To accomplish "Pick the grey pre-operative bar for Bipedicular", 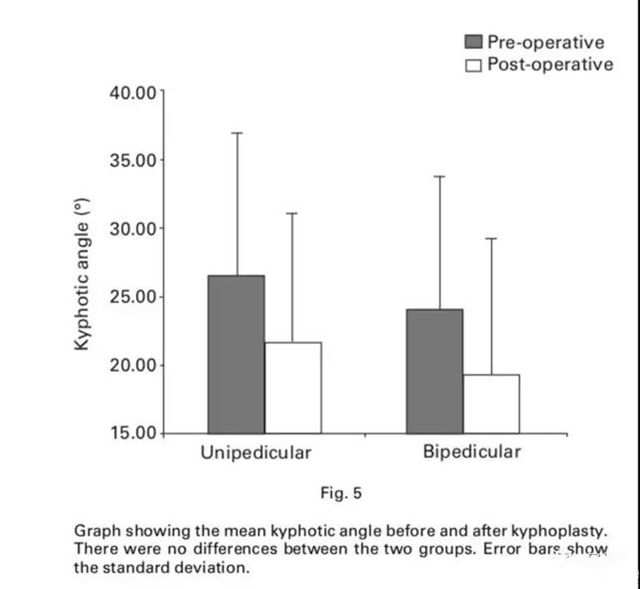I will coord(434,371).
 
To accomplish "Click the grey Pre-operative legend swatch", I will coord(473,42).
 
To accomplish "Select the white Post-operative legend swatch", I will coord(473,65).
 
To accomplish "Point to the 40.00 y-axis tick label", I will coord(133,92).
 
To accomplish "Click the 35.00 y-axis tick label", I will coord(133,160).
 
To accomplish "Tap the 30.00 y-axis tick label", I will coord(133,229).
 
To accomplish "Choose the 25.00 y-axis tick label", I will coord(133,297).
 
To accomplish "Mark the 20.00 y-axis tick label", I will coord(133,366).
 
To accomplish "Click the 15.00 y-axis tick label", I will coord(133,434).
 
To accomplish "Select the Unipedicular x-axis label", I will coord(255,453).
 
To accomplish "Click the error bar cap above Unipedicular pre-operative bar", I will coord(237,133).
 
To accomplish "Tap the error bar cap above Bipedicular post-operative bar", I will coord(491,238).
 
